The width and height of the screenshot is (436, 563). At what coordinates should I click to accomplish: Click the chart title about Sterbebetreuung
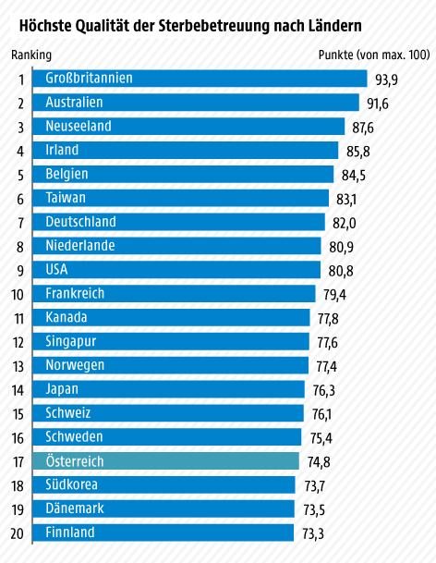[190, 19]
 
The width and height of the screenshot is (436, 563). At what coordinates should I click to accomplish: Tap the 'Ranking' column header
[31, 55]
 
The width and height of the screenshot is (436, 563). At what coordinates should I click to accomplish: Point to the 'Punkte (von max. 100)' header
[373, 55]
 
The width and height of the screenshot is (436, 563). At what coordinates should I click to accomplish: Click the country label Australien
[74, 102]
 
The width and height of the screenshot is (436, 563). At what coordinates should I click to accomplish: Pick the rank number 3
[20, 127]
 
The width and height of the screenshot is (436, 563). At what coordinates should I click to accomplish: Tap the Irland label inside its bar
[62, 150]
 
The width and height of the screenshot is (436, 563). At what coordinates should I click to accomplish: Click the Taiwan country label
[66, 198]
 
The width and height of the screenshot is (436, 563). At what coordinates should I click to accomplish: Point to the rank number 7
[20, 223]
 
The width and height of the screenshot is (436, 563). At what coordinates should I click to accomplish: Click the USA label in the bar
[57, 270]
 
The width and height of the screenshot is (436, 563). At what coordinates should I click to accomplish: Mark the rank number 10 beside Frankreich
[18, 295]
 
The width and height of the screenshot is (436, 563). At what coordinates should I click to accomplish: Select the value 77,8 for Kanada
[328, 319]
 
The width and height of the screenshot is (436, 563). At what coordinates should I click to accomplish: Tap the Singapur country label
[71, 342]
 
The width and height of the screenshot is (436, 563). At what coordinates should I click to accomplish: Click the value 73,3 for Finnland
[313, 533]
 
